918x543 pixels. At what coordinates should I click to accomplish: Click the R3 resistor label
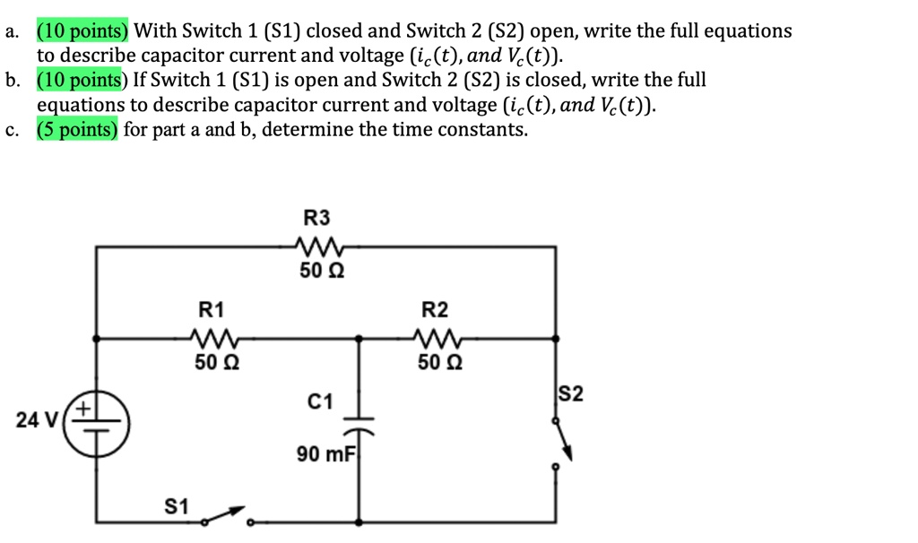tap(316, 218)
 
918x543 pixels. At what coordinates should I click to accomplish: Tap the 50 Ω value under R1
tap(215, 363)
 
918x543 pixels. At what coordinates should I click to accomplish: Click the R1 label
tap(212, 311)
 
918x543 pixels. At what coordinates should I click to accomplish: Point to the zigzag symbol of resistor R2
tap(439, 339)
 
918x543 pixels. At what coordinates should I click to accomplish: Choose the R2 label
tap(435, 311)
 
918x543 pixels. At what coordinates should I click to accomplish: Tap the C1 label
tap(320, 402)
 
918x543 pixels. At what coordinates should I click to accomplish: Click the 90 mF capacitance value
tap(325, 455)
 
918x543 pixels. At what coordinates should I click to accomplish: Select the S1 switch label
tap(177, 507)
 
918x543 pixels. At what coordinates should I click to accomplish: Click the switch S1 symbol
tap(225, 517)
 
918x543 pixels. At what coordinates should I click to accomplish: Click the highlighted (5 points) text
tap(77, 130)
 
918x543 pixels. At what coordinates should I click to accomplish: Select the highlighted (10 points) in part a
tap(82, 31)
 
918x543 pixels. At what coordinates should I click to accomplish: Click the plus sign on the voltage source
tap(83, 409)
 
